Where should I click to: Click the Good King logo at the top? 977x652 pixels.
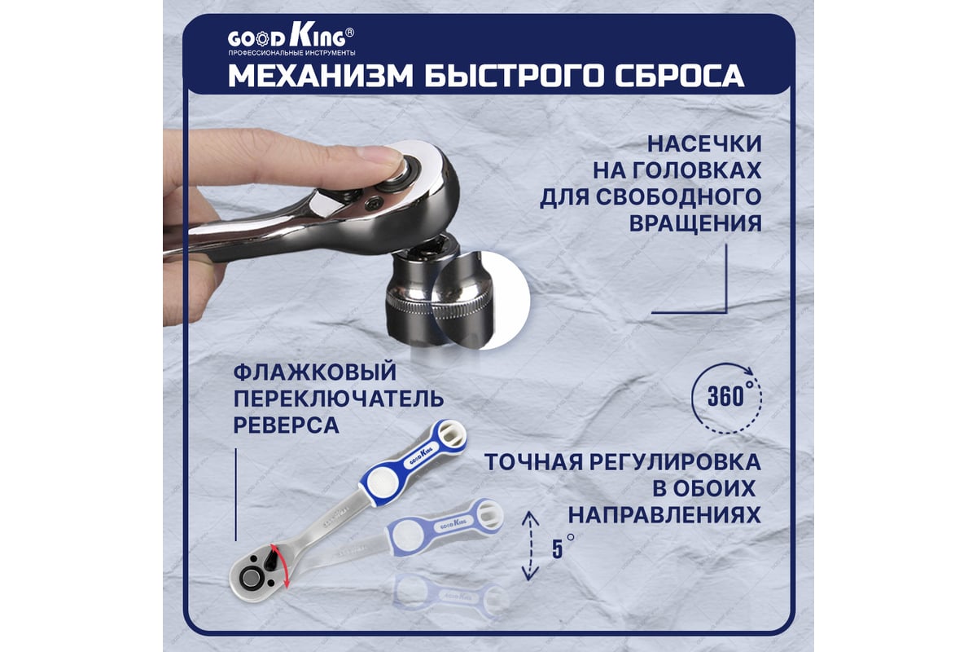coord(291,38)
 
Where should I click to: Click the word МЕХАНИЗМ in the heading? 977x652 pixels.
coord(321,76)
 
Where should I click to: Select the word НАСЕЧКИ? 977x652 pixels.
coord(704,143)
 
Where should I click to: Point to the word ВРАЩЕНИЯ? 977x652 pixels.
coord(695,223)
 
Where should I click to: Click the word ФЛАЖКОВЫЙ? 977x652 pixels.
coord(315,372)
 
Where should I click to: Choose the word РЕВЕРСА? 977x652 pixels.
coord(286,425)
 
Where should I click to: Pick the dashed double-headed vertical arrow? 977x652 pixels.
coord(530,546)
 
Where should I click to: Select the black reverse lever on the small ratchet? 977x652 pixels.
coord(272,559)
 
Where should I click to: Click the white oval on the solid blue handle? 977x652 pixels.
coord(383,482)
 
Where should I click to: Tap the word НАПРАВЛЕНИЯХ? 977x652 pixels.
coord(664,515)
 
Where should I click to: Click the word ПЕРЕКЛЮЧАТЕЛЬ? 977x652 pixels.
coord(339,399)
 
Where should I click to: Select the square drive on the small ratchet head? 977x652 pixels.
coord(251,578)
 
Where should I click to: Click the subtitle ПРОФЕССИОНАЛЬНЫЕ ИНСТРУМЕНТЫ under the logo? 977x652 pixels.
coord(291,53)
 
